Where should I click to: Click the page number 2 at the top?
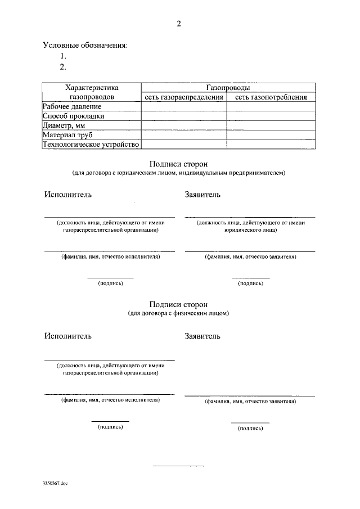[x=178, y=24]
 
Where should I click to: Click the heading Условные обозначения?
[x=85, y=46]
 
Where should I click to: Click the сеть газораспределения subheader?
[x=183, y=97]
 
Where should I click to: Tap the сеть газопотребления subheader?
[x=271, y=97]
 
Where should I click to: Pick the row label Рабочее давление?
[x=72, y=106]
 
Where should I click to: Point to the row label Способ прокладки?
[x=74, y=116]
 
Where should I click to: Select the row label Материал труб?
[x=67, y=135]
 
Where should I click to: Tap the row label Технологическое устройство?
[x=91, y=145]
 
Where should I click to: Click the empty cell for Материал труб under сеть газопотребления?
[x=271, y=135]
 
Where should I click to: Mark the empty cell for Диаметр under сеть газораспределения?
[x=183, y=125]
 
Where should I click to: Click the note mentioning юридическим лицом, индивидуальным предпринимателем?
[x=178, y=173]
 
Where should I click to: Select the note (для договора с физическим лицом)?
[x=178, y=313]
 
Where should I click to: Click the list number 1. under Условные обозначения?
[x=64, y=56]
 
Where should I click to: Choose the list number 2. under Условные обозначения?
[x=64, y=67]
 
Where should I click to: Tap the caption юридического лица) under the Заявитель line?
[x=250, y=230]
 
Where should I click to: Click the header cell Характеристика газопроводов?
[x=91, y=92]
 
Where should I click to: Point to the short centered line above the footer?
[x=178, y=466]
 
